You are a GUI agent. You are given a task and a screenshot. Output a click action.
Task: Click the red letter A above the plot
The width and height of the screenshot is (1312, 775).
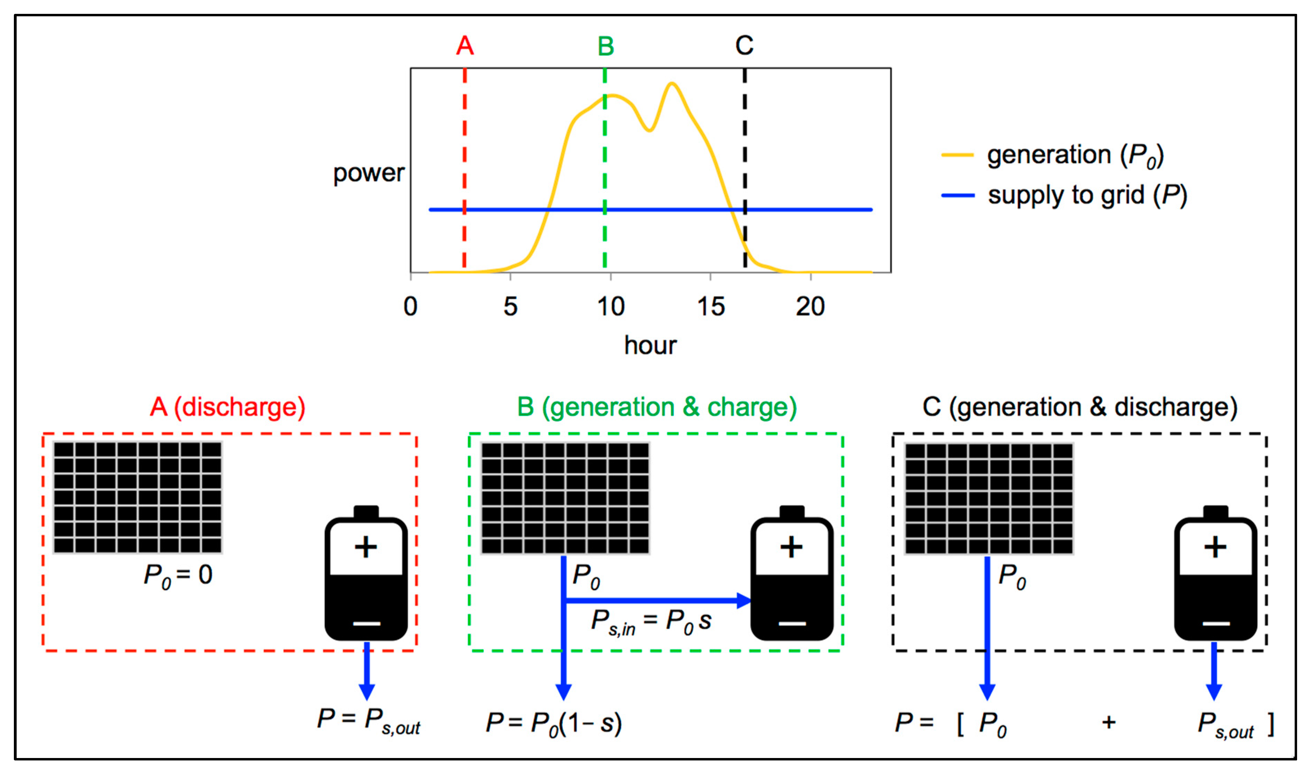(x=464, y=46)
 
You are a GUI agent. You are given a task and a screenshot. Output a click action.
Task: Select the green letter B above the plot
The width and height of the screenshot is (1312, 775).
(x=605, y=46)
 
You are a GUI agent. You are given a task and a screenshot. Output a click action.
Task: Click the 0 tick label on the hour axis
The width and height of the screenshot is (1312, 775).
(x=410, y=306)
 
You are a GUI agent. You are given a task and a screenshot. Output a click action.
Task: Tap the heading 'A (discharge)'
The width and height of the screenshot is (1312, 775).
(x=227, y=407)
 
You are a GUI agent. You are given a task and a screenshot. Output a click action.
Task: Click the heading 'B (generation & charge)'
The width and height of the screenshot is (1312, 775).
(x=657, y=407)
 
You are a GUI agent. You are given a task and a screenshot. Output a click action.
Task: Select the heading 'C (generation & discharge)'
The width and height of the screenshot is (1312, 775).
(x=1080, y=407)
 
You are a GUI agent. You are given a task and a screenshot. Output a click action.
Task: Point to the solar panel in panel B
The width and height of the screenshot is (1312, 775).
(x=565, y=498)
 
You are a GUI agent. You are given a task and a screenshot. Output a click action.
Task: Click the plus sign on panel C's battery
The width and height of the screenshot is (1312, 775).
(x=1215, y=547)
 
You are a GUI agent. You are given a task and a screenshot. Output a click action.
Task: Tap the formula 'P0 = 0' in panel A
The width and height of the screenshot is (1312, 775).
(x=178, y=575)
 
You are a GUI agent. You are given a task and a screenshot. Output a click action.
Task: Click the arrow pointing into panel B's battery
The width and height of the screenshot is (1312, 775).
(x=658, y=601)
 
